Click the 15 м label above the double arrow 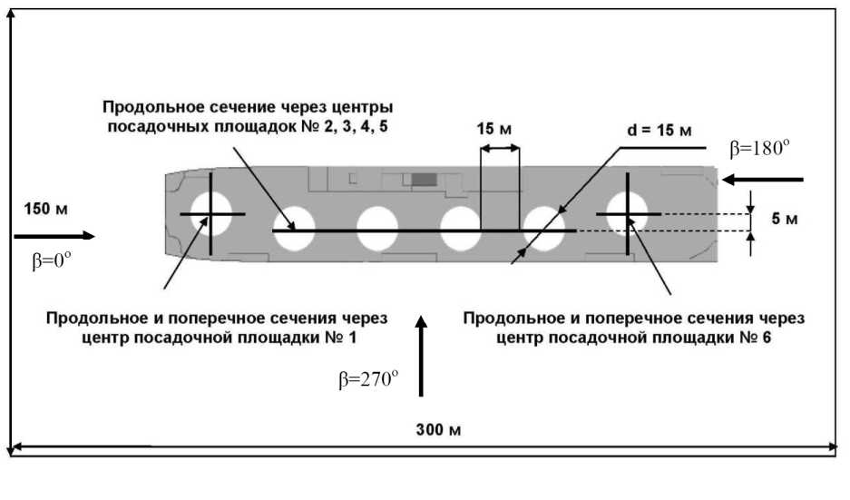coord(494,129)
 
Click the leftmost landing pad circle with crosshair coord(210,214)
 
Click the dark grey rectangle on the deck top coord(423,179)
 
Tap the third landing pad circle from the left coord(377,229)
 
